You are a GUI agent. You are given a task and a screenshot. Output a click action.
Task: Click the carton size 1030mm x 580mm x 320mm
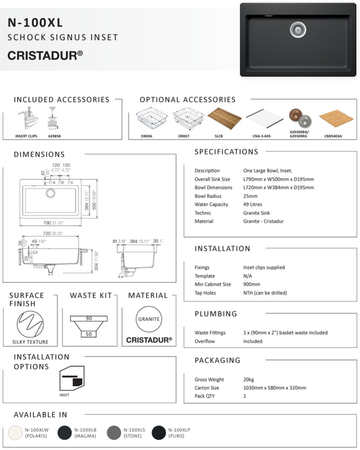(x=268, y=388)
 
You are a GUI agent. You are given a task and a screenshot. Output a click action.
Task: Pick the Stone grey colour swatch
(x=112, y=433)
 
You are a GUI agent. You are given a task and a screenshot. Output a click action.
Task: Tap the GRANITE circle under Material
(x=149, y=320)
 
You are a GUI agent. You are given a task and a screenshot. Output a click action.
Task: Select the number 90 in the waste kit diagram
(x=88, y=318)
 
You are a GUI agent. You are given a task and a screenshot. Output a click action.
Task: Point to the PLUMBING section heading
(x=216, y=314)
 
